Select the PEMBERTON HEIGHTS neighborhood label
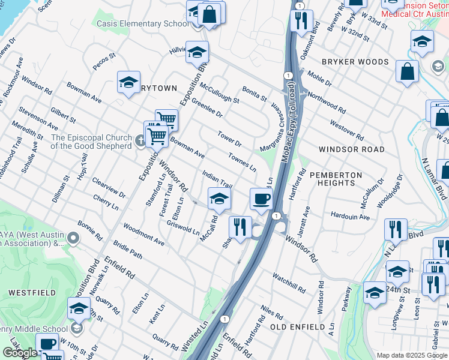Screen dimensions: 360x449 click(x=336, y=180)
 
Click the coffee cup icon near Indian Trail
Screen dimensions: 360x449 click(x=261, y=199)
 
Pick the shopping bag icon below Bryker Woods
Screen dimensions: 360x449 click(x=408, y=71)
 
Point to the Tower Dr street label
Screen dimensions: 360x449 click(x=229, y=139)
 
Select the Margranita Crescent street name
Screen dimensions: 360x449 click(x=271, y=128)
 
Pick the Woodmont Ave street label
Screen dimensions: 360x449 click(x=143, y=235)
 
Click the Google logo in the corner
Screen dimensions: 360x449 click(x=20, y=353)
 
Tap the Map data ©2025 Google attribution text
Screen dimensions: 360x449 click(x=411, y=355)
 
